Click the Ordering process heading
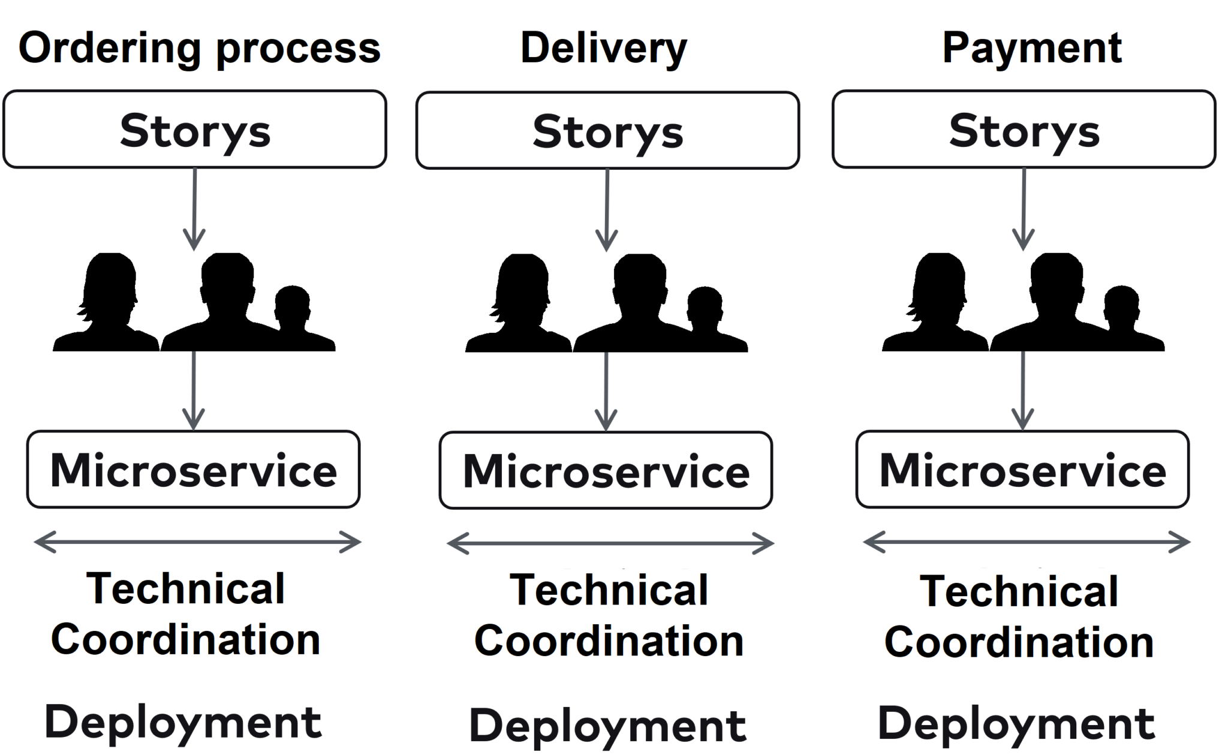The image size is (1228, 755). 200,48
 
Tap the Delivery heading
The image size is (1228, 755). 604,48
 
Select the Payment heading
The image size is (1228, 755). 1031,48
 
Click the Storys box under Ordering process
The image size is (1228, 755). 195,130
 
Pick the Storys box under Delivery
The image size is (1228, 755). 607,131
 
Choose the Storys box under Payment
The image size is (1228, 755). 1024,130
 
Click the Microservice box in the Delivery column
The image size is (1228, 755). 606,471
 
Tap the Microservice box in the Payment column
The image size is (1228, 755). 1022,470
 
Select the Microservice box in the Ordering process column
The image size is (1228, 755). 193,470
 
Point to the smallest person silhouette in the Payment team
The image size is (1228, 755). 1122,318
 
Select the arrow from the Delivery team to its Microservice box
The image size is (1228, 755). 606,390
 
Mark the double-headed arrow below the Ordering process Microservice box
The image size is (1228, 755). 198,542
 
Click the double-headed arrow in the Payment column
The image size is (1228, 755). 1026,542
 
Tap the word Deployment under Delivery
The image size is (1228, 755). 607,726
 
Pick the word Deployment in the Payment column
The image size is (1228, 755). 1016,723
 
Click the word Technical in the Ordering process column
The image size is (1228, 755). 185,588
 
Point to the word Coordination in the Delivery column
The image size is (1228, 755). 609,640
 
